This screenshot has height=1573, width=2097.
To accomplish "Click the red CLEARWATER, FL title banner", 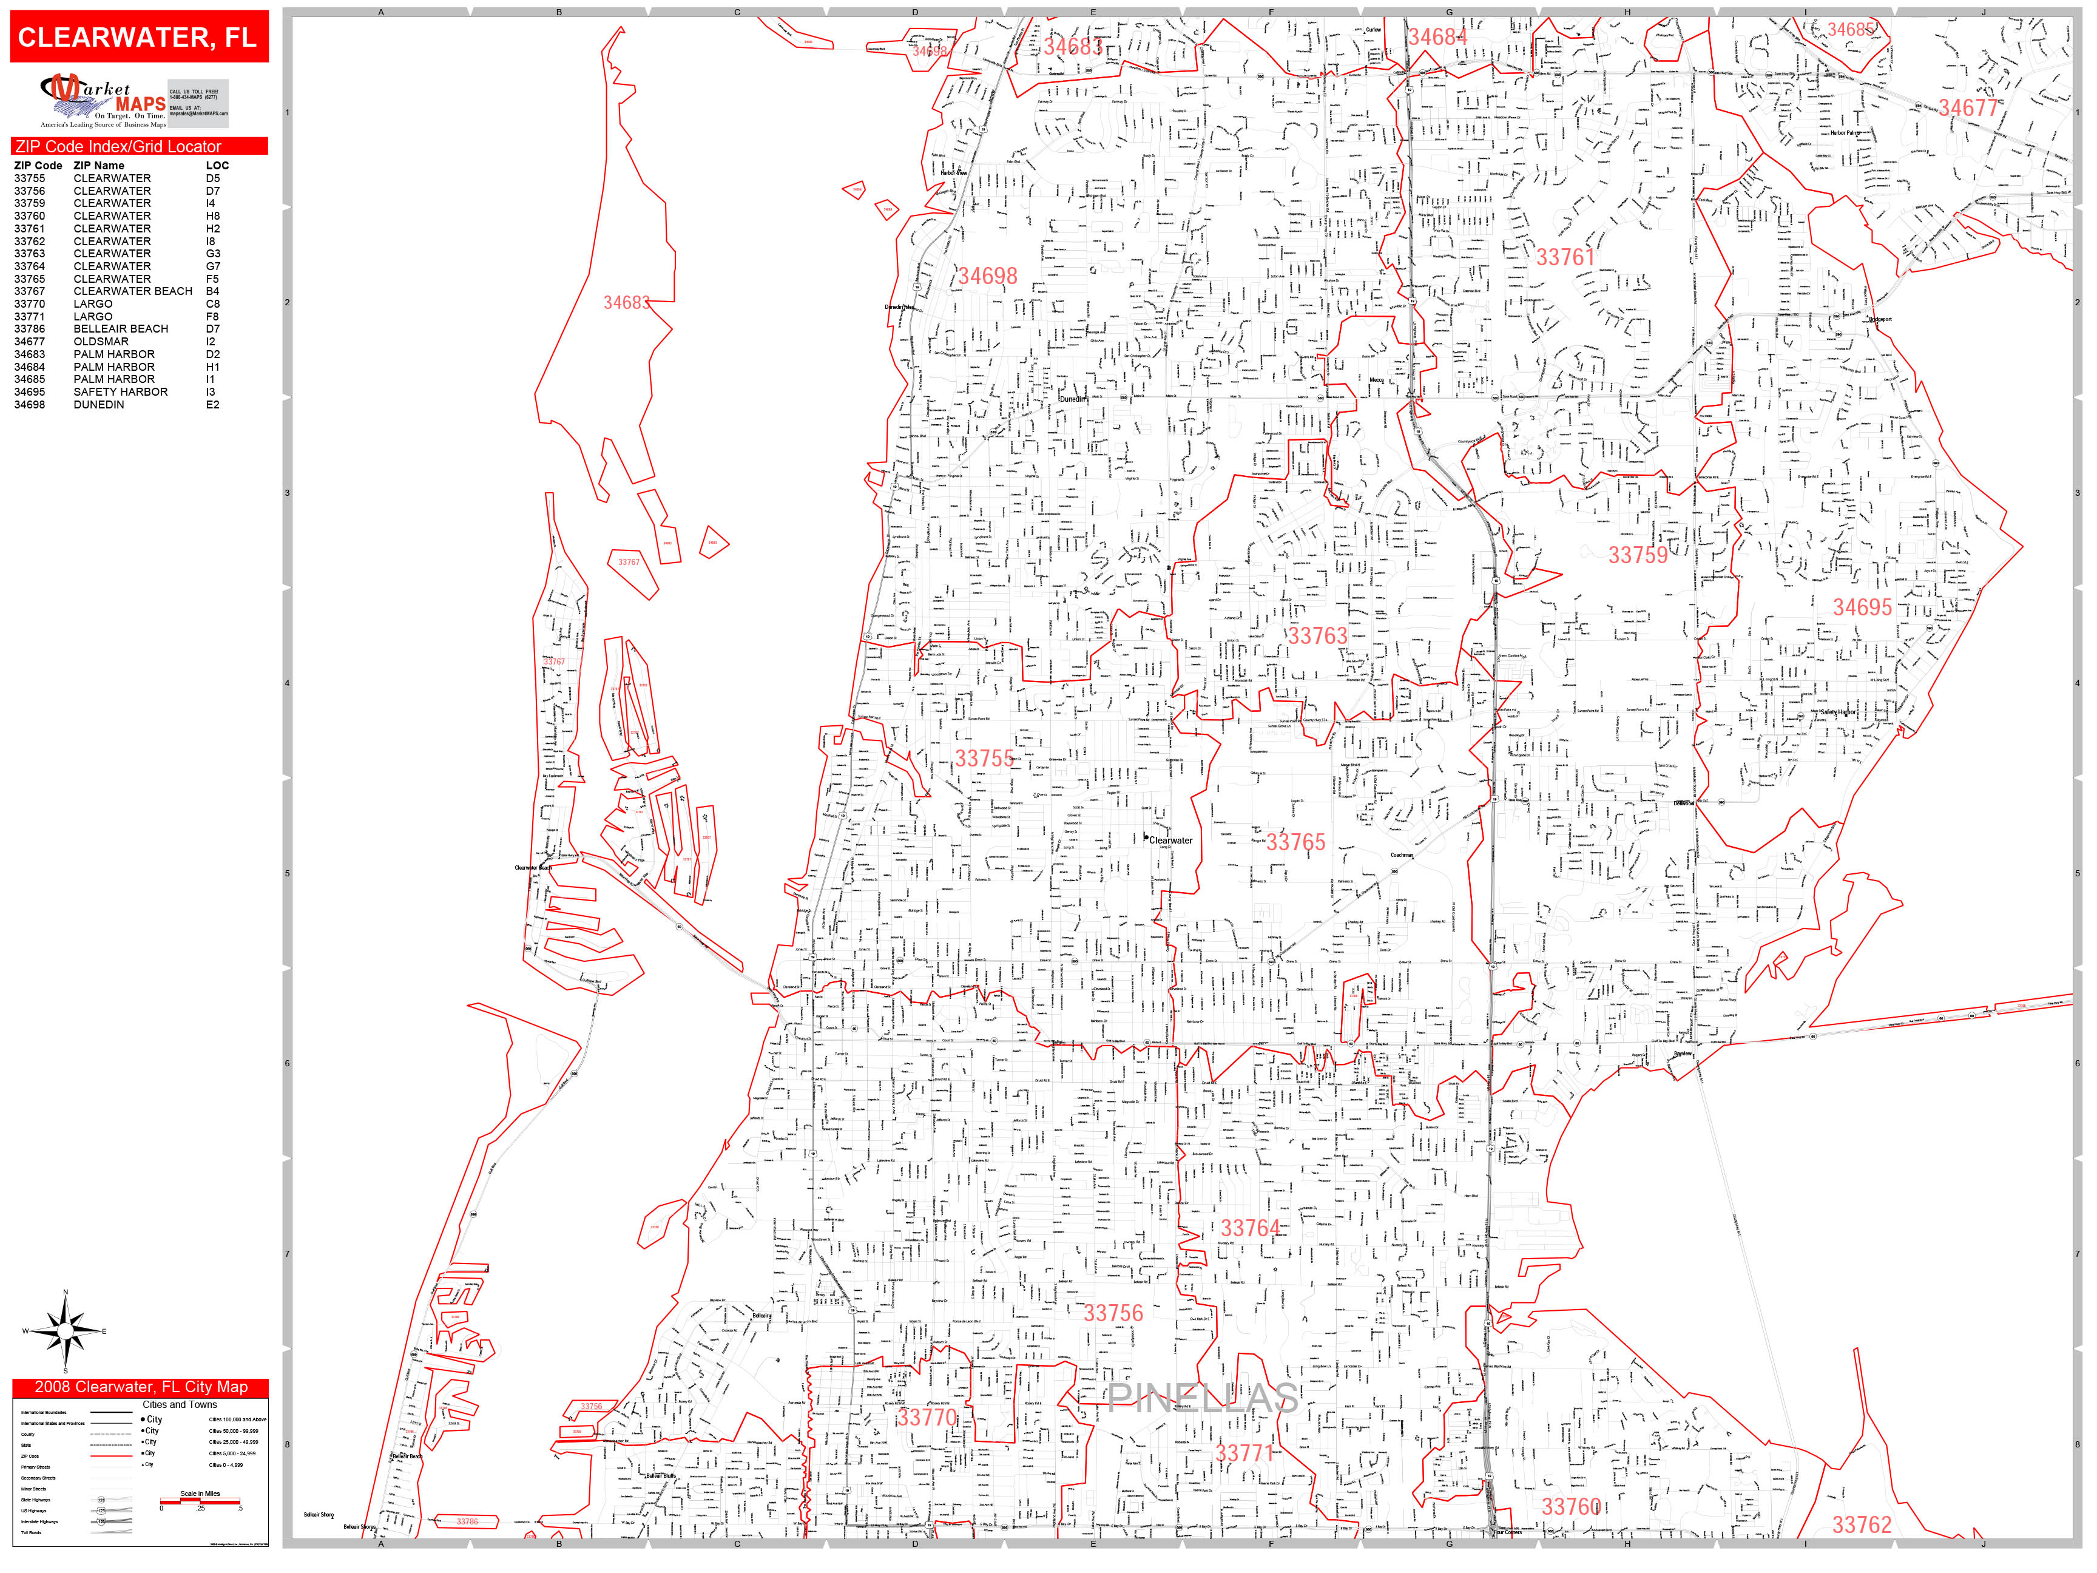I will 138,37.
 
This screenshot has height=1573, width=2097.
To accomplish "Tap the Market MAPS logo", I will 103,101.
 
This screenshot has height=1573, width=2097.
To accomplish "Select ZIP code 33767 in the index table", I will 29,291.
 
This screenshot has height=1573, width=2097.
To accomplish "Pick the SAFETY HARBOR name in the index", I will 120,391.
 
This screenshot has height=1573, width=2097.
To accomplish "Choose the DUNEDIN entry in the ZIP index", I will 98,405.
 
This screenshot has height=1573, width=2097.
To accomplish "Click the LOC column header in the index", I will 217,165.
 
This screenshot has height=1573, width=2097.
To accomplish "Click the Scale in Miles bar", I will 200,1501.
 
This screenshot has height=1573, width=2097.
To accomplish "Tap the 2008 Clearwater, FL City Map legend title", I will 140,1387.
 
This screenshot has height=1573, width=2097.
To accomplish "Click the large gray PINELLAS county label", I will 1202,1398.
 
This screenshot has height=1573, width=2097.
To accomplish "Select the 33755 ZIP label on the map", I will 984,759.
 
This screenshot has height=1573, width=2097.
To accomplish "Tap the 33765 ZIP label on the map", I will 1295,842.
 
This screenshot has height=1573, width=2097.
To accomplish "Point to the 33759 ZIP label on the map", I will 1637,555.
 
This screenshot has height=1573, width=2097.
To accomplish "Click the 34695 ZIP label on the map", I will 1862,607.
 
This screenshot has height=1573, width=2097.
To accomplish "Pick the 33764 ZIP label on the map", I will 1249,1228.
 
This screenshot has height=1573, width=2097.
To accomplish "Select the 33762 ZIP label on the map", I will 1861,1524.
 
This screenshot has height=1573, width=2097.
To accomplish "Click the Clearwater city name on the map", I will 1171,840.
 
